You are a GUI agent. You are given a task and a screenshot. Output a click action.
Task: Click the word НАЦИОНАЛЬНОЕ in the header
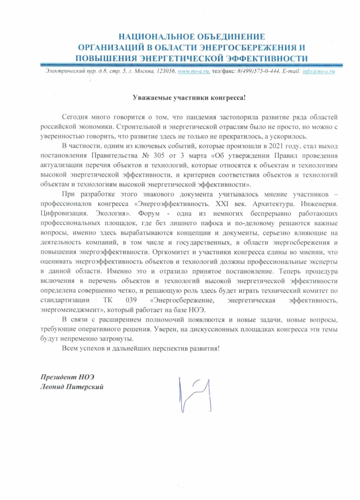(157, 37)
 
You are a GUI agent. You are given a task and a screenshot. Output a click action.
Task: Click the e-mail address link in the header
(319, 71)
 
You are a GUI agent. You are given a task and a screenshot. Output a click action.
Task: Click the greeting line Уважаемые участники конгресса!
(189, 98)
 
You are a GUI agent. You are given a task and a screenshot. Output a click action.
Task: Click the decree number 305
(159, 156)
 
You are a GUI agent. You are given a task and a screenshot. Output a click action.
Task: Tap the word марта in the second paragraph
(197, 156)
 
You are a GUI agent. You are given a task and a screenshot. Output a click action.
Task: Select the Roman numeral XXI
(222, 204)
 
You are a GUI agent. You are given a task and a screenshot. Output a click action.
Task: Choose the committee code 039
(131, 300)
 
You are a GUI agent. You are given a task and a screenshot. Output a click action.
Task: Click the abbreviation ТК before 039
(107, 300)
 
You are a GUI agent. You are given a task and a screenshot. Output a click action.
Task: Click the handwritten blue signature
(195, 395)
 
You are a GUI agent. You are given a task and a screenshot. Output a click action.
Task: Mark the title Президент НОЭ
(67, 377)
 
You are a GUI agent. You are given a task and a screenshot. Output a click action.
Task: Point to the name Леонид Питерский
(72, 387)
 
